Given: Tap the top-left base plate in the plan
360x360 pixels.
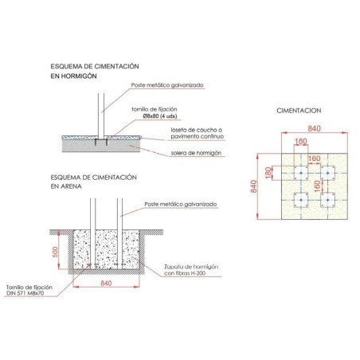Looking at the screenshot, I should click(301, 172).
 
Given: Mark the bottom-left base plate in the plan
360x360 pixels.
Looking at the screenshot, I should click(301, 199).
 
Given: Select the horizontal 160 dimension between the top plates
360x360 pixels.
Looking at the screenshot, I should click(314, 158).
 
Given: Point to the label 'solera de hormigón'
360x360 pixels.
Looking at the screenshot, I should click(196, 151).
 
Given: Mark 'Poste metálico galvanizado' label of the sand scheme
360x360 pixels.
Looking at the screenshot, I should click(181, 205).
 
